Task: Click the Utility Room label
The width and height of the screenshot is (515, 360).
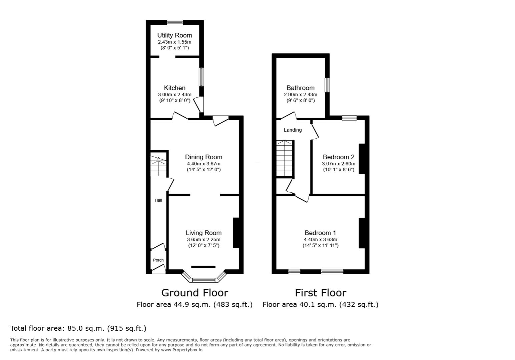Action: (174, 35)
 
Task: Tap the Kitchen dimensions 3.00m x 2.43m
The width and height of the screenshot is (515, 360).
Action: (174, 94)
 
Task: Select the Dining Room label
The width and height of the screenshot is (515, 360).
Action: (204, 157)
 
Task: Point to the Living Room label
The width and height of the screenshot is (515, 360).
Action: (204, 233)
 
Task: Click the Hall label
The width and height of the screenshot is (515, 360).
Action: (158, 200)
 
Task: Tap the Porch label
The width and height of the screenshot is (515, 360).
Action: (158, 260)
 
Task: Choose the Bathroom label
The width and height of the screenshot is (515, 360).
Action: (301, 88)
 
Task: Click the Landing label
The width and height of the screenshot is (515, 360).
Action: (293, 130)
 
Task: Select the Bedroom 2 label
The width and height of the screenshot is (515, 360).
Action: (339, 157)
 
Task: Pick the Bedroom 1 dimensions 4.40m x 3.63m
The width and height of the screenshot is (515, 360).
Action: (321, 239)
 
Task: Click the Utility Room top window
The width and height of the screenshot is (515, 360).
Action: (175, 22)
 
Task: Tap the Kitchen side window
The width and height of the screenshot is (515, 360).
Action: (201, 77)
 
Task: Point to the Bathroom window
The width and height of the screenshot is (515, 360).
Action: (327, 85)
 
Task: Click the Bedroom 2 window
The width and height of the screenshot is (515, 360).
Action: (349, 118)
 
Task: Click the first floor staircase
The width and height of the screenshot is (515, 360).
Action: (285, 158)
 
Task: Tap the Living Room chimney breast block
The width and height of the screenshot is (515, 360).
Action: (236, 233)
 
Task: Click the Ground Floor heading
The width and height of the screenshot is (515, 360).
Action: (195, 293)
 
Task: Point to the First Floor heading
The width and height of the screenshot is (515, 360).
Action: (321, 293)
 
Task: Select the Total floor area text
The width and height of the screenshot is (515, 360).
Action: (78, 328)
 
